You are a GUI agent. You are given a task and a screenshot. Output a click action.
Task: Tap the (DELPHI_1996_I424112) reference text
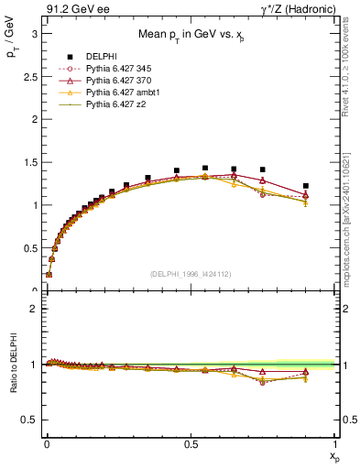tap(189, 272)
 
